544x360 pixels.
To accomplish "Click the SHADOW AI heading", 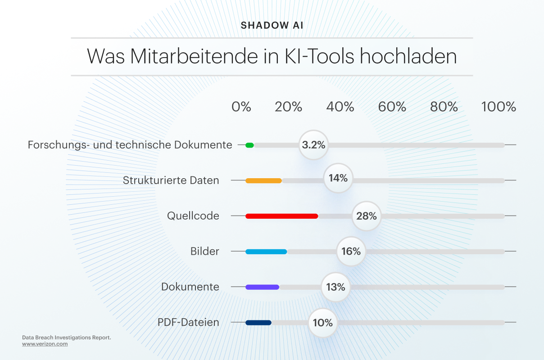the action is coord(272,26).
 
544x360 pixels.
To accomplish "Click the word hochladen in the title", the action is coord(408,56).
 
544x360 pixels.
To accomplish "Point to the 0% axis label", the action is coord(241,107).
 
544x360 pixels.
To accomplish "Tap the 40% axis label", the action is coord(340,107).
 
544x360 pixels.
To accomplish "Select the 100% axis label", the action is coord(499,107).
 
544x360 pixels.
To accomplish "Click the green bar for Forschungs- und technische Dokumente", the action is coord(249,145).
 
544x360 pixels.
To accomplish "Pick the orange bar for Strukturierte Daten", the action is coord(263,180).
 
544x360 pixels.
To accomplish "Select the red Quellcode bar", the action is coord(282,216).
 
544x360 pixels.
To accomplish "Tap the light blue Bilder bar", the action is coord(266,252).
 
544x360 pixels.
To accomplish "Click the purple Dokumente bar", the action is coord(262,287).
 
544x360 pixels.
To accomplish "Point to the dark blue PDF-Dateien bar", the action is coord(258,323).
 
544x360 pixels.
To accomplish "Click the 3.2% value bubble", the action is coord(313,145).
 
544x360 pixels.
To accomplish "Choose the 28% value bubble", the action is coord(367,216).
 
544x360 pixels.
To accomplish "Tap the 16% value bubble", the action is coord(351,251).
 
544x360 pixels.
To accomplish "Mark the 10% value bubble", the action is coord(323,323).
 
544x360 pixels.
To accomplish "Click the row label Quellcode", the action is coord(193,216).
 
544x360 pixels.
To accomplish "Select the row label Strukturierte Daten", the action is coord(171,180).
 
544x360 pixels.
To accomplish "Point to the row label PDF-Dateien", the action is coord(188,322).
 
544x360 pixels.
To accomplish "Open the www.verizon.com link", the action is coord(45,344).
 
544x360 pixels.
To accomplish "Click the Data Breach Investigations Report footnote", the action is coord(67,337).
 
